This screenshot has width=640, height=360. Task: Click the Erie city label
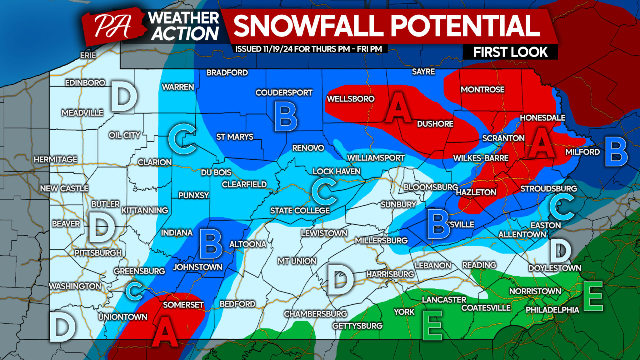tap(88, 55)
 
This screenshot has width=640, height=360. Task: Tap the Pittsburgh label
tap(98, 253)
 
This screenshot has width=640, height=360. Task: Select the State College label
tap(300, 211)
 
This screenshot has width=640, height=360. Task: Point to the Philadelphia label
tap(552, 310)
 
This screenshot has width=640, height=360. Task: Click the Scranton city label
tap(503, 138)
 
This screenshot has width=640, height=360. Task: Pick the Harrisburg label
tap(390, 274)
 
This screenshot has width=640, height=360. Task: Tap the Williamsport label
tap(376, 158)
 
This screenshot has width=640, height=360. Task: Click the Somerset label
tap(183, 305)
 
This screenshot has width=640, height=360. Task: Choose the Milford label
tap(582, 152)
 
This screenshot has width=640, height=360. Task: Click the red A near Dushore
tap(397, 108)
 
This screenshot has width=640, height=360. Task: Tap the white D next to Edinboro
tap(124, 97)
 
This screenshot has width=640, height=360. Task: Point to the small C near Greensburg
tap(135, 291)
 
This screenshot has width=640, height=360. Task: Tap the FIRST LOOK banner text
tap(510, 52)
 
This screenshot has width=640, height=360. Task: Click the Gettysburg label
tap(357, 326)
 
